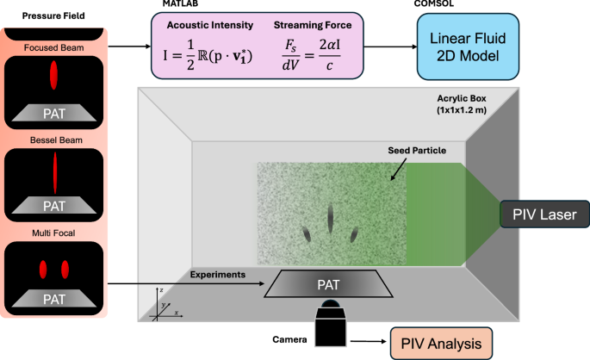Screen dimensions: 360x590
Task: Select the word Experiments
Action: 218,274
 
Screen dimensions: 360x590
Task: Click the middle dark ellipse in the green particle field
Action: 330,219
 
